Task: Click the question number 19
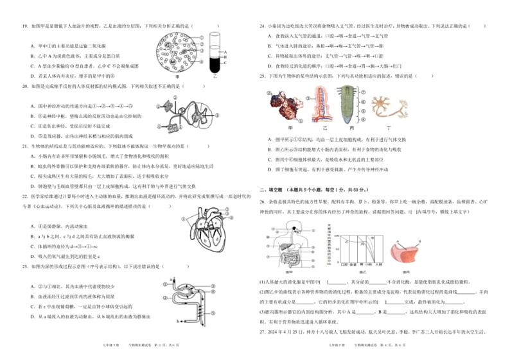click(x=25, y=26)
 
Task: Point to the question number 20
click(x=25, y=85)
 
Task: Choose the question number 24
click(x=262, y=26)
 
